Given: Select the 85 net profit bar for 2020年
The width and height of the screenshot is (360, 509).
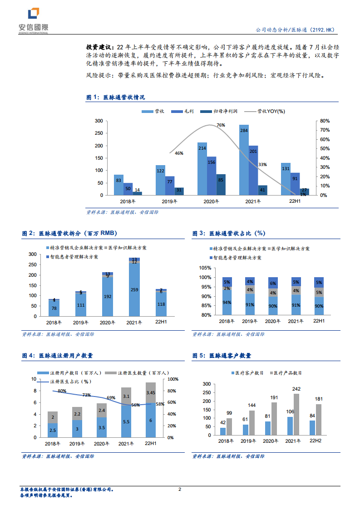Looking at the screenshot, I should point(221,185).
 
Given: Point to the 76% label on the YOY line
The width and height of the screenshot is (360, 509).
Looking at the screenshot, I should point(221,125).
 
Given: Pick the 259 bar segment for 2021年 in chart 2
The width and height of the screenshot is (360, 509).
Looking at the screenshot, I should point(134,289).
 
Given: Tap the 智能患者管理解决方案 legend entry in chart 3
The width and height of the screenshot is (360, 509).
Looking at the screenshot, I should point(237,257).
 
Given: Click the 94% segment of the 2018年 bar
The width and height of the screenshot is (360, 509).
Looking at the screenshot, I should point(227,303).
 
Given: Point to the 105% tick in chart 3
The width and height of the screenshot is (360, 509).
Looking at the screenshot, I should point(205,268).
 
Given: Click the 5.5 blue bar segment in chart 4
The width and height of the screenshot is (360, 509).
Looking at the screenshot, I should point(126,421).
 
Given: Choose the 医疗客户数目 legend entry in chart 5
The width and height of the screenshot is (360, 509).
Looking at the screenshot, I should point(247,373).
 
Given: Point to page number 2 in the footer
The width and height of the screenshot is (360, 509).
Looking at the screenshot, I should point(180,489).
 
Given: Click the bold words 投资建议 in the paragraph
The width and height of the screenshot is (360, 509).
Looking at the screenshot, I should point(100,47).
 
